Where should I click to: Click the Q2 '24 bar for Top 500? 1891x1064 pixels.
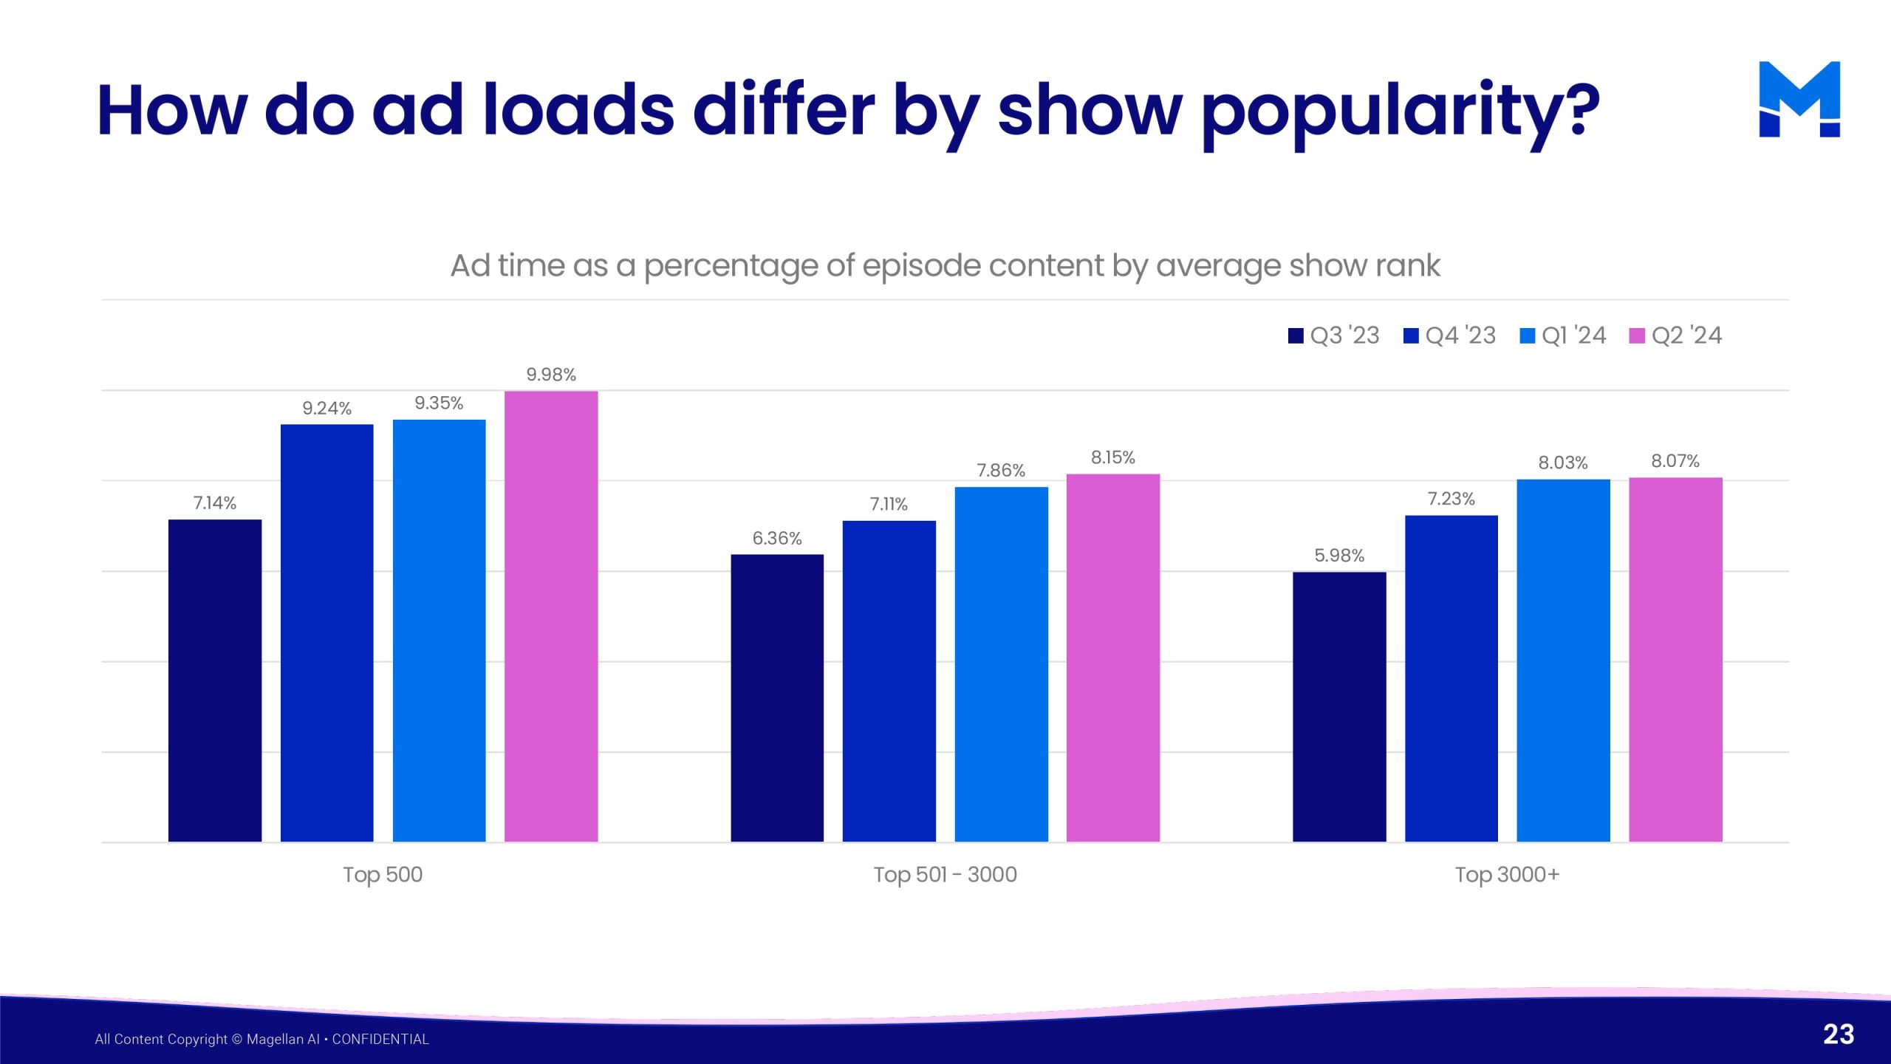click(x=551, y=616)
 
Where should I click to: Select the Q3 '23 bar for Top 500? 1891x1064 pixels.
click(x=215, y=681)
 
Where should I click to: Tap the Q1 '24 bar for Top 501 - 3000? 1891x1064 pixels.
click(x=1001, y=664)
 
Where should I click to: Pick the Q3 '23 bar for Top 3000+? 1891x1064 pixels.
click(x=1339, y=706)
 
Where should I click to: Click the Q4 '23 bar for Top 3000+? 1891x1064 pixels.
click(x=1451, y=678)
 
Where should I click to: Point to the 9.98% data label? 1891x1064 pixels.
click(x=551, y=375)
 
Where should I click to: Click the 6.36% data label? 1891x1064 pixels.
click(x=777, y=538)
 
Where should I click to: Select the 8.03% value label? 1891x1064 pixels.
click(x=1563, y=463)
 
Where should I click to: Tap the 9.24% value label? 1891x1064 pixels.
click(x=326, y=408)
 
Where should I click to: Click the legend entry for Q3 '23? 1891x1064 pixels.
click(x=1334, y=335)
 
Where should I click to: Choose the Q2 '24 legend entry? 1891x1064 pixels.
click(x=1676, y=335)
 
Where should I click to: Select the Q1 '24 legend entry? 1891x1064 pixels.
click(x=1563, y=335)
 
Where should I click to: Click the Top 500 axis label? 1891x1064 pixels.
click(x=383, y=874)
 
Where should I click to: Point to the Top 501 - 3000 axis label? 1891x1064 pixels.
click(x=945, y=874)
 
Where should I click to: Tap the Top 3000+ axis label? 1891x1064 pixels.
click(x=1508, y=874)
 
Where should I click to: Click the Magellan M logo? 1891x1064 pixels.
click(x=1799, y=99)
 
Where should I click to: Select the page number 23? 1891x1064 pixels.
click(x=1839, y=1034)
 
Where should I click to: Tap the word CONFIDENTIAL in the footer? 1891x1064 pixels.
click(x=380, y=1039)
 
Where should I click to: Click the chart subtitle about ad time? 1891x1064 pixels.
click(x=945, y=265)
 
